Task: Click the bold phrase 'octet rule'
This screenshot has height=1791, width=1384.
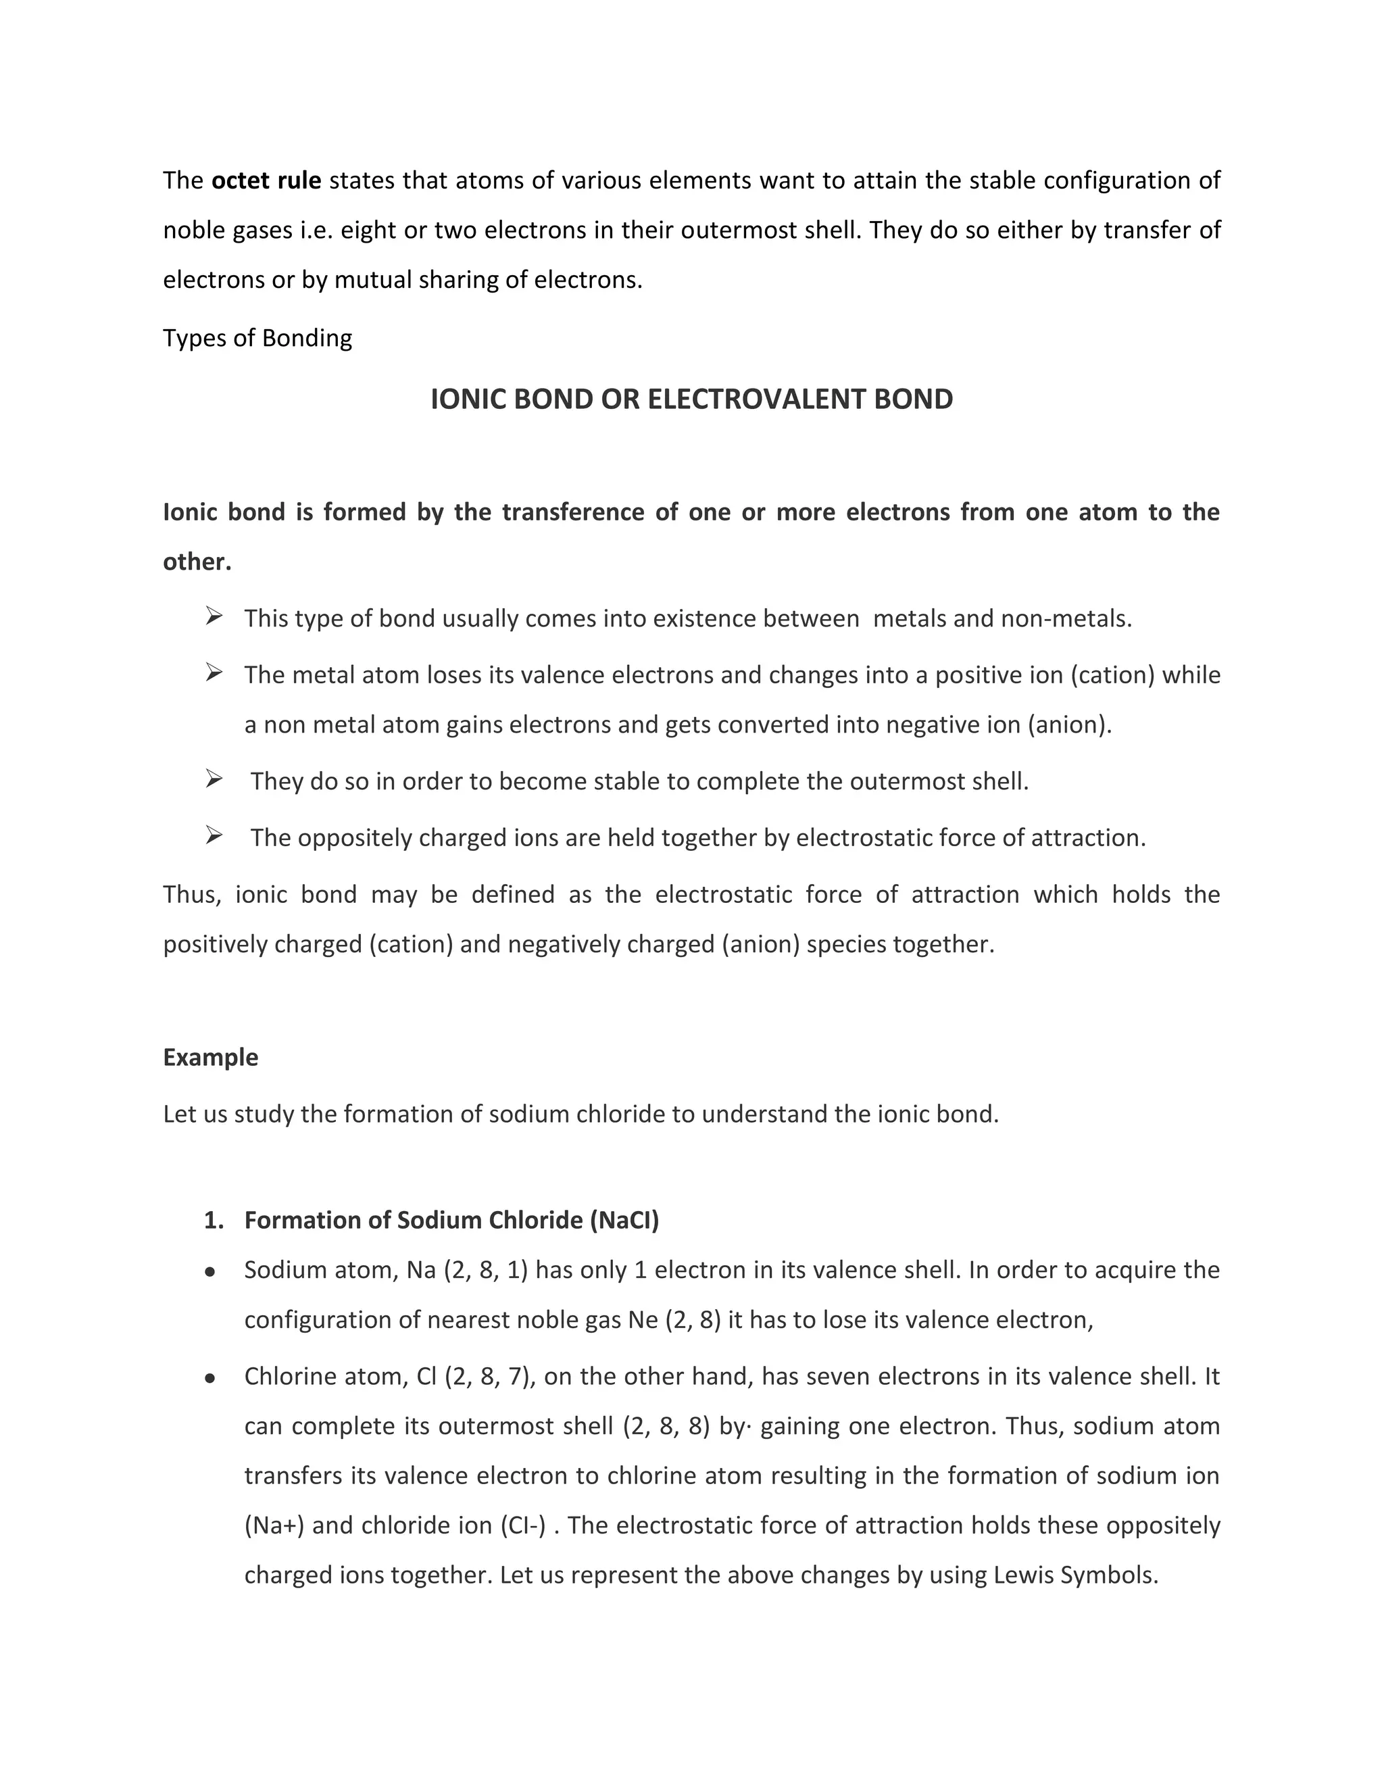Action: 266,180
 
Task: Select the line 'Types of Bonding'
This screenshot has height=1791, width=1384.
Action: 257,338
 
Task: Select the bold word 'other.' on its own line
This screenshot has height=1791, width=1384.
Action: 197,562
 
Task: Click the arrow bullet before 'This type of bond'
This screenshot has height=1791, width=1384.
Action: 214,616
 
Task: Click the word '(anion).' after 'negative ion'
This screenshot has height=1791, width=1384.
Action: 1069,725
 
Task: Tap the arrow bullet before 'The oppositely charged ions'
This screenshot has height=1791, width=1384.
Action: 214,837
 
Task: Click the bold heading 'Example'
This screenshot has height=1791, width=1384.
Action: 211,1057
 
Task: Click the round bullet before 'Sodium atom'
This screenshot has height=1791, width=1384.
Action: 210,1273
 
